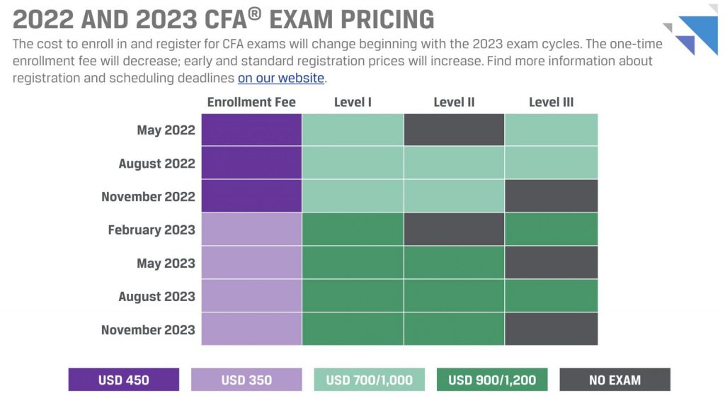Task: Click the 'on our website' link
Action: click(280, 78)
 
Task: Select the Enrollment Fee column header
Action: click(251, 102)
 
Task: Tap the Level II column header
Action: click(454, 102)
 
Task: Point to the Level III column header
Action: click(551, 102)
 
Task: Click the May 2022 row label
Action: click(166, 130)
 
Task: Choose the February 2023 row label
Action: click(151, 229)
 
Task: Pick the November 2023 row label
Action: click(148, 329)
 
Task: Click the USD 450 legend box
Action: click(124, 380)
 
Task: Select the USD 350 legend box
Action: click(246, 380)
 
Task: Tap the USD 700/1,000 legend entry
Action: click(369, 380)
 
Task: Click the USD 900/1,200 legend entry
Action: click(492, 380)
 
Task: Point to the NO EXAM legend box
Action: click(615, 380)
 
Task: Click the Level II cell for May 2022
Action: click(454, 130)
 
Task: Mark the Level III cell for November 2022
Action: click(551, 196)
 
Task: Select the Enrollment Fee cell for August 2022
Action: click(251, 163)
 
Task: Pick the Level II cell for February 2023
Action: click(454, 229)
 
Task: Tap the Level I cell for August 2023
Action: click(353, 295)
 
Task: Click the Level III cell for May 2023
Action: click(551, 263)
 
